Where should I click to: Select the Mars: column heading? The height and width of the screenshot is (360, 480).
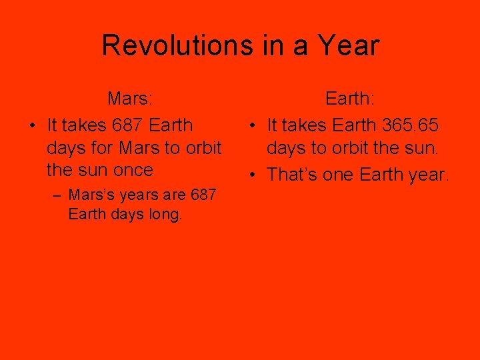coord(131,99)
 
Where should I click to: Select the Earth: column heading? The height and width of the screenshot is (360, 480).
coord(350,99)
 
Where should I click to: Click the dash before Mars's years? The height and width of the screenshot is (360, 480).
coord(59,195)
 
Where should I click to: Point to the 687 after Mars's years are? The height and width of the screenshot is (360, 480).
coord(203,195)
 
